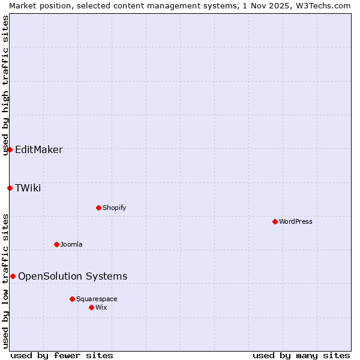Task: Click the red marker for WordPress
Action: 275,221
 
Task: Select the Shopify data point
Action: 98,208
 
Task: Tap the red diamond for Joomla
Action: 56,244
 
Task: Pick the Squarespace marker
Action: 72,299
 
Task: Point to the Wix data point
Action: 91,307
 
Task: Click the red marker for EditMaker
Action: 10,149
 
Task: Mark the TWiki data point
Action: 10,188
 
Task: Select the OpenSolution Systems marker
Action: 13,276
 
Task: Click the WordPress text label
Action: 296,221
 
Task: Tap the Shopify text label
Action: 114,208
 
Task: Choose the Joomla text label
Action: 71,244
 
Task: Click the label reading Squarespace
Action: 97,299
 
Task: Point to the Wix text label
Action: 101,307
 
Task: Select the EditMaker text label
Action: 39,149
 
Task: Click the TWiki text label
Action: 28,188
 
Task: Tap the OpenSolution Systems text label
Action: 73,276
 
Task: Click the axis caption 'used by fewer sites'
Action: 62,355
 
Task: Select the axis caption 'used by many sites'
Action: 301,355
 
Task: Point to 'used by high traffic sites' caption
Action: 5,85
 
